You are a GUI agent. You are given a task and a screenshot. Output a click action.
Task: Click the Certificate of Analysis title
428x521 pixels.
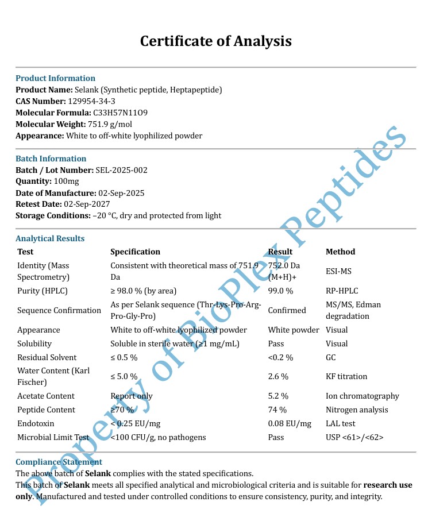(216, 41)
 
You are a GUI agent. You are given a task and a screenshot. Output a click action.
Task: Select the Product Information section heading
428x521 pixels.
(55, 78)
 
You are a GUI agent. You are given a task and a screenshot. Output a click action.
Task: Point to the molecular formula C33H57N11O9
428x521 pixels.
(120, 113)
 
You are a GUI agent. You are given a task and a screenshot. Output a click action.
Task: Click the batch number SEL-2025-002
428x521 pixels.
(122, 170)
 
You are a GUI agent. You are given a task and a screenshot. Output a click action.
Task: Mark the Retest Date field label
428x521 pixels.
(38, 204)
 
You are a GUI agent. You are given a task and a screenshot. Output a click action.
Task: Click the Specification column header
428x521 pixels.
(135, 252)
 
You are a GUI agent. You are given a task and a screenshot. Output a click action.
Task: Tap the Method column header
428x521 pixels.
(340, 252)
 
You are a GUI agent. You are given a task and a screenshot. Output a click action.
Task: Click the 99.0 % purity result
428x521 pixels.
(280, 291)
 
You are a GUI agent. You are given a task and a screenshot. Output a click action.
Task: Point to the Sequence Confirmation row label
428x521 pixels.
(59, 311)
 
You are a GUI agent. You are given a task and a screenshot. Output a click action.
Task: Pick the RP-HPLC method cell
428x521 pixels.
(342, 291)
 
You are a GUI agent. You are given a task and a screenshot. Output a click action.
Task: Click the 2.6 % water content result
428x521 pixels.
(278, 377)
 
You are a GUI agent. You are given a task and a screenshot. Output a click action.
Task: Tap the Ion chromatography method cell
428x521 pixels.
(362, 396)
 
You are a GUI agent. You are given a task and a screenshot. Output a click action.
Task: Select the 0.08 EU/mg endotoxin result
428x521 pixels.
(290, 424)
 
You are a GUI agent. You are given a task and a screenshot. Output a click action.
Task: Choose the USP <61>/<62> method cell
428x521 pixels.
(354, 438)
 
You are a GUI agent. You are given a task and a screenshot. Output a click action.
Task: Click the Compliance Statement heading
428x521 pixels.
(59, 462)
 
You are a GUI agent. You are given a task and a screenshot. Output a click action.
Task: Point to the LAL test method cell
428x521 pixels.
(341, 424)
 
